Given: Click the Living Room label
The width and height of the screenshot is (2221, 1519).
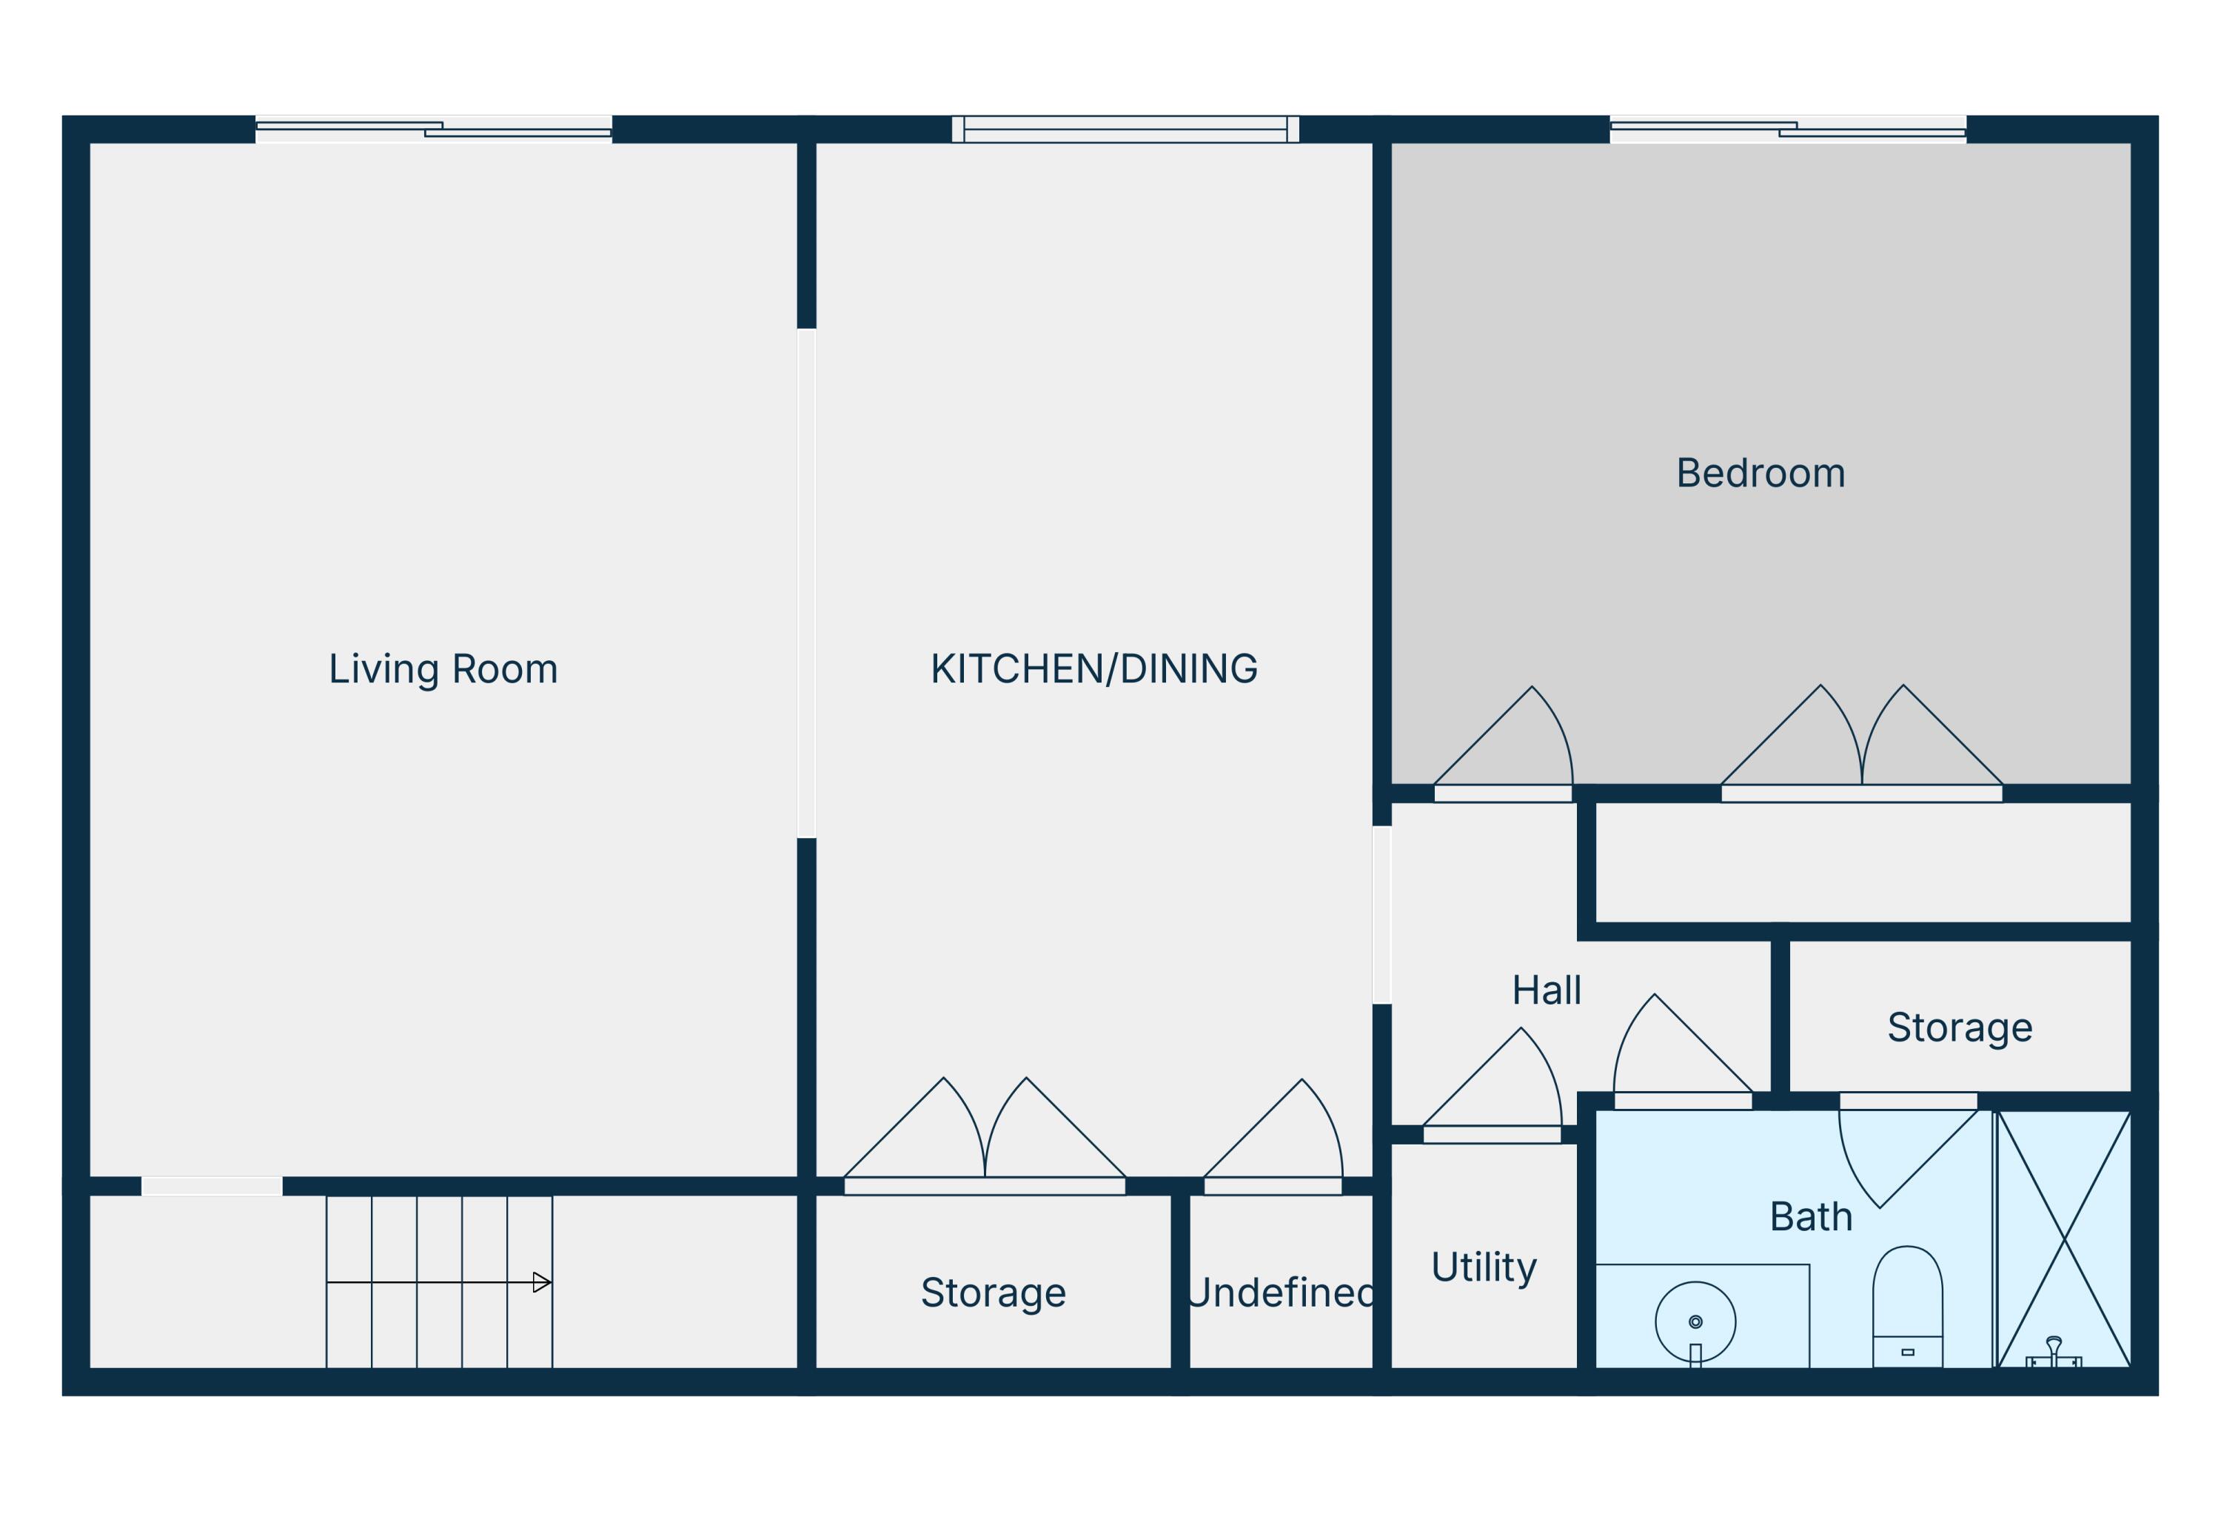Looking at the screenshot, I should coord(443,668).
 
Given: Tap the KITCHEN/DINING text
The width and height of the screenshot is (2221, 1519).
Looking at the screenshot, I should coord(1093,668).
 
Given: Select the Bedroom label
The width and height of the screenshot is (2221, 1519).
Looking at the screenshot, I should coord(1761,473).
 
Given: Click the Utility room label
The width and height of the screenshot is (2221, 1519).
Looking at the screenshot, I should coord(1483,1267).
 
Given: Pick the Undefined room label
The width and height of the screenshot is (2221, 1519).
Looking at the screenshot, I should coord(1281,1292).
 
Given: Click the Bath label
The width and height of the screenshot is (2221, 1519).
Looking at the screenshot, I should coord(1810,1217).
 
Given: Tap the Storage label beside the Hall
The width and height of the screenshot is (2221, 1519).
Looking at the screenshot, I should coord(1959,1027).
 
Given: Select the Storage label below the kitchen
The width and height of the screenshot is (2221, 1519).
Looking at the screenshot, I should coord(993,1292).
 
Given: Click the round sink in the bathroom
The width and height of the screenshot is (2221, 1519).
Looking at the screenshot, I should coord(1695,1322).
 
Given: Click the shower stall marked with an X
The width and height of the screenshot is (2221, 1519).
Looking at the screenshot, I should coord(2063,1239).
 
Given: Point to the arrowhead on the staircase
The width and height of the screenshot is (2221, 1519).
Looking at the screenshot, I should coord(541,1282).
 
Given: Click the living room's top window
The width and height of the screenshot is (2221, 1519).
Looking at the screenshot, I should coord(433,129).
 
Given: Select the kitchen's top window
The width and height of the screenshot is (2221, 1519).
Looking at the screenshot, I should coord(1125,129).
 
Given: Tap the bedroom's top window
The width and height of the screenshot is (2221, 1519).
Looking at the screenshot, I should coord(1787,129).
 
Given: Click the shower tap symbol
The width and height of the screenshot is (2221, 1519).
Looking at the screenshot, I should coord(2053,1352).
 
